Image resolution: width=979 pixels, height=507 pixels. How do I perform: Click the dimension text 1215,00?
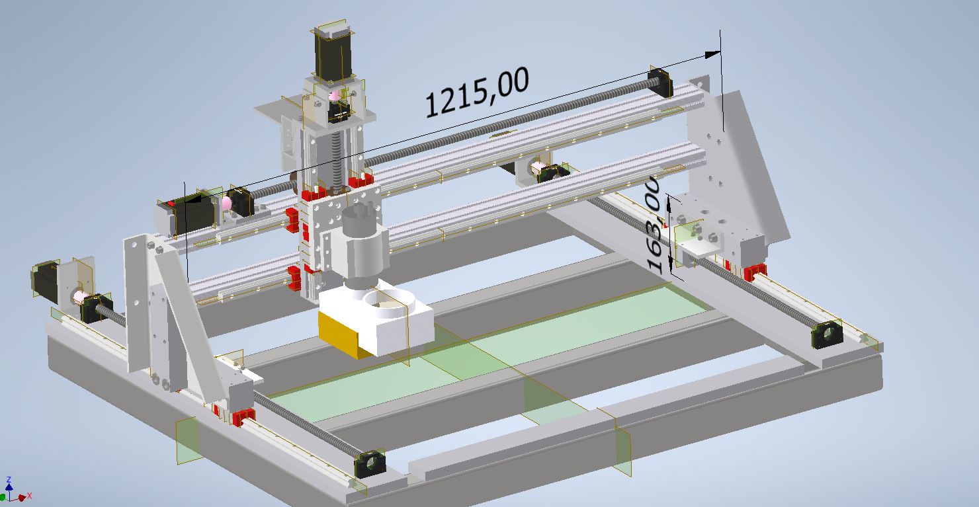tap(478, 93)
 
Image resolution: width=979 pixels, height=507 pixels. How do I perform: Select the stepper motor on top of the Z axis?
tap(333, 53)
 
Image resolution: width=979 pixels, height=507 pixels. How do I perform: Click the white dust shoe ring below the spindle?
tap(389, 303)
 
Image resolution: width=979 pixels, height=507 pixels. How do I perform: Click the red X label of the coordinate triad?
tap(30, 496)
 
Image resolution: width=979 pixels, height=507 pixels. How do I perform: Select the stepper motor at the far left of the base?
tap(46, 281)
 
